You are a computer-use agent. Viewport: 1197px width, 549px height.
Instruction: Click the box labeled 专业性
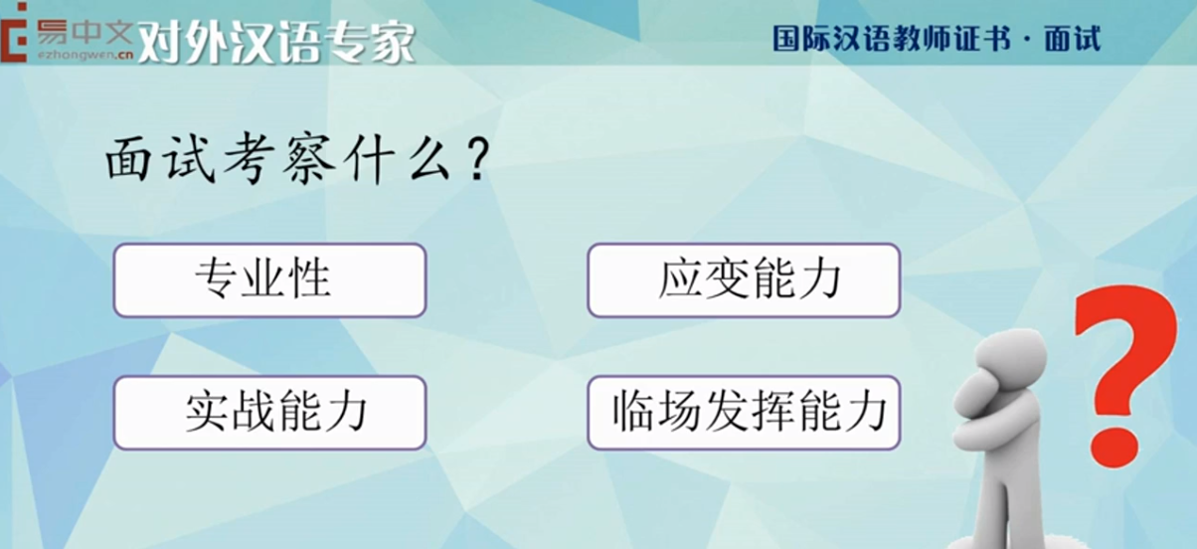[x=269, y=280]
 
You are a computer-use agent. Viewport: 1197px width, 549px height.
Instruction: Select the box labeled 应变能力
[x=744, y=280]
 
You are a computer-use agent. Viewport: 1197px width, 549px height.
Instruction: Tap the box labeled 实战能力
[x=269, y=413]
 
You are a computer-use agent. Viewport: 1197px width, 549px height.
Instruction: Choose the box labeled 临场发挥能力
[x=744, y=413]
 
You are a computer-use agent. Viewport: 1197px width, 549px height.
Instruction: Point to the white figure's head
[x=1010, y=357]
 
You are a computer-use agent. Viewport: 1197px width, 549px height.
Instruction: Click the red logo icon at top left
[x=13, y=32]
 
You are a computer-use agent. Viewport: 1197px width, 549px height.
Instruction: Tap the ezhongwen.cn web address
[x=85, y=55]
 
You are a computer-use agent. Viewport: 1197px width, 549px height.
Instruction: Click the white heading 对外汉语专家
[x=276, y=42]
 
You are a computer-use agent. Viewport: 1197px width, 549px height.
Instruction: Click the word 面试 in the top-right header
[x=1073, y=39]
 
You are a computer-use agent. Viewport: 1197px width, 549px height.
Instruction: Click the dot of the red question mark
[x=1114, y=447]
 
